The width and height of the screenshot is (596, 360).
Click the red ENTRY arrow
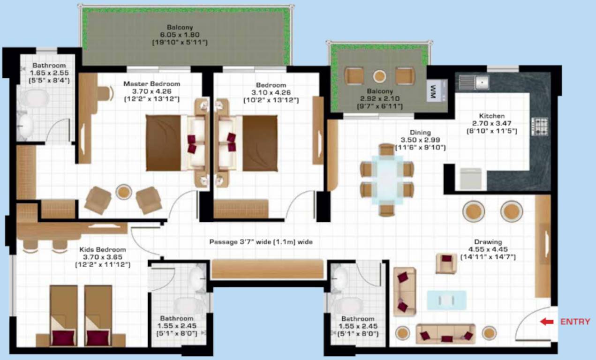[x=547, y=322]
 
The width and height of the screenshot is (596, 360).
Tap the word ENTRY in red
[x=575, y=322]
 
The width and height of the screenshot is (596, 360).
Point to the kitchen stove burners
[x=540, y=126]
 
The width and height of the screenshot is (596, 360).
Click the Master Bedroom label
[x=151, y=84]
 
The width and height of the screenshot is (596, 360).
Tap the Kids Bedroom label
[x=102, y=249]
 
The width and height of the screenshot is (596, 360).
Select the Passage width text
[x=261, y=242]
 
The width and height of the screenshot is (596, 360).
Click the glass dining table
[x=387, y=180]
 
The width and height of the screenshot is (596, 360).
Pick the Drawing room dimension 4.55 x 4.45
[x=488, y=249]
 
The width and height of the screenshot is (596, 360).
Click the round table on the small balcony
[x=379, y=76]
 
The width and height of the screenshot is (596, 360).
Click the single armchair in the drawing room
[x=446, y=263]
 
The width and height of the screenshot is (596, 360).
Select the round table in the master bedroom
[x=123, y=191]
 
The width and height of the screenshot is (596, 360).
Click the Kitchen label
[x=491, y=116]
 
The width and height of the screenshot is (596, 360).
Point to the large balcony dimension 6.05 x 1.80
[x=180, y=35]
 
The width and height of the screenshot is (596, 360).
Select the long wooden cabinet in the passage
[x=267, y=269]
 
